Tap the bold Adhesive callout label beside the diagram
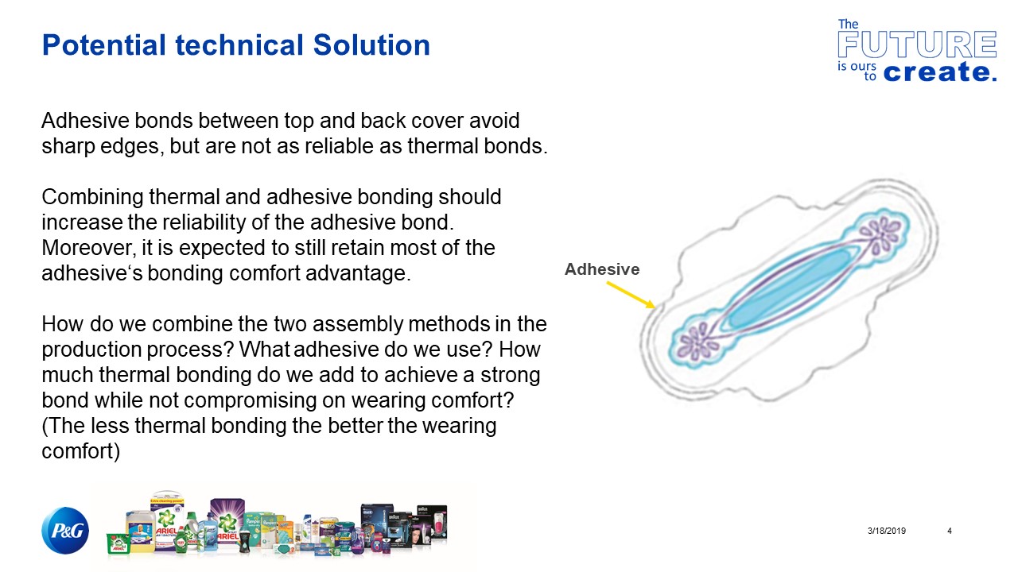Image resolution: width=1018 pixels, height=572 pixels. click(601, 269)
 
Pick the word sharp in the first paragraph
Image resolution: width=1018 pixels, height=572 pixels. click(67, 147)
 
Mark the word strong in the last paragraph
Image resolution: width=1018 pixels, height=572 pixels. click(508, 374)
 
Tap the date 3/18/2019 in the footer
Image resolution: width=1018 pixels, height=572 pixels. click(886, 531)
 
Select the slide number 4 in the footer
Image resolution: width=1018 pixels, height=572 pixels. click(950, 531)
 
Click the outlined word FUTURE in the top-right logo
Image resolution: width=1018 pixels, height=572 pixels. click(917, 44)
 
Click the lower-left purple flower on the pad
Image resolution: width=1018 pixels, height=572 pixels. click(697, 342)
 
